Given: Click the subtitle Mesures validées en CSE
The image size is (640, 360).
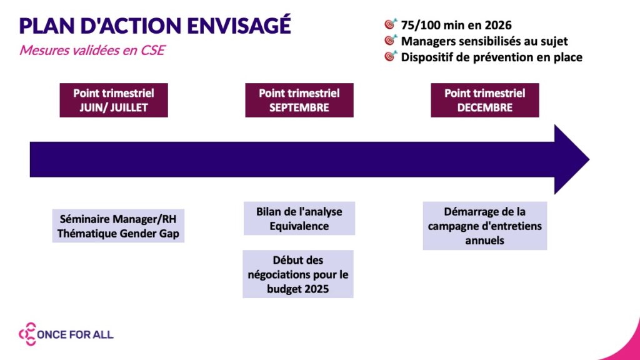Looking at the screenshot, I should coord(92,51).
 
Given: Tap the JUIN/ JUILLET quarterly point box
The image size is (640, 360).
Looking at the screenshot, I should coord(114,100).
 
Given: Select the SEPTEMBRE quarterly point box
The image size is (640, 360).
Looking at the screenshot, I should coord(299,100).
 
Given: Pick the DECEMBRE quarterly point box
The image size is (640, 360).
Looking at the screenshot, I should coord(484,100).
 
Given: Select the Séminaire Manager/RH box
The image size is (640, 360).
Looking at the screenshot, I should coord(118,226).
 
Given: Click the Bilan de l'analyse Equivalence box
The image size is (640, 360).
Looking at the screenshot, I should coord(299,218).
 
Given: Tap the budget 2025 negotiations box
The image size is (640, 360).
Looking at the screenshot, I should coord(298,274).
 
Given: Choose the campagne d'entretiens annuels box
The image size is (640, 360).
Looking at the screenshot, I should coord(484,226).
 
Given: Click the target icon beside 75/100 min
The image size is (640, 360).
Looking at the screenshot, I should coord(391,24).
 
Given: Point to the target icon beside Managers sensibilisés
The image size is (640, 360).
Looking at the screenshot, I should coord(391,41).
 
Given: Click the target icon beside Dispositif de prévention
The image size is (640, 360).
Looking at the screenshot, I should coord(391,56).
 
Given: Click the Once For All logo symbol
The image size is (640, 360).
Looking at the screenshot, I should coord(27,334).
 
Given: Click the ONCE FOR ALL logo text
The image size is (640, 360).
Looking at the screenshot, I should coord(76,335).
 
